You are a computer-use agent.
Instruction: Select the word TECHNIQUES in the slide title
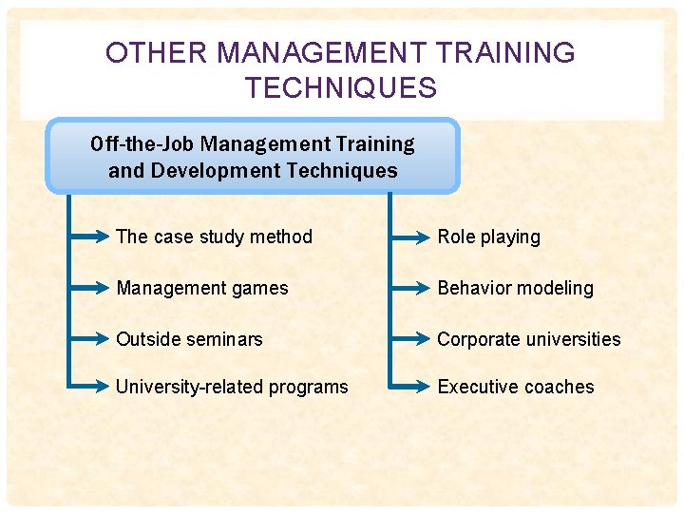[x=341, y=88]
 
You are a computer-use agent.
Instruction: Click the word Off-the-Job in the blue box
[x=142, y=144]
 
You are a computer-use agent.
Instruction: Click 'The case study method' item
[x=214, y=237]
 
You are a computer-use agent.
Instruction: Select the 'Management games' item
[x=201, y=288]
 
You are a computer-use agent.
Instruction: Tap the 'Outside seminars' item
[x=189, y=339]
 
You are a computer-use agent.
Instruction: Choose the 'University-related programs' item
[x=232, y=387]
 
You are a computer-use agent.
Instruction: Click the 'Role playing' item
[x=488, y=237]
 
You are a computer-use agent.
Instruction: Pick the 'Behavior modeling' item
[x=515, y=288]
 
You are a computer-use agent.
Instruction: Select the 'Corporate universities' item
[x=529, y=339]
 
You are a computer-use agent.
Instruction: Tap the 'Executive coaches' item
[x=516, y=387]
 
